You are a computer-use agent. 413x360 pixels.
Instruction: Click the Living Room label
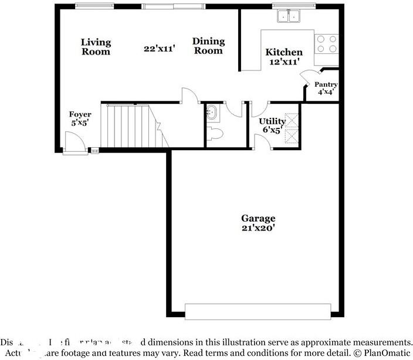[96, 46]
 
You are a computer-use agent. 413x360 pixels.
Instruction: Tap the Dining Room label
[208, 46]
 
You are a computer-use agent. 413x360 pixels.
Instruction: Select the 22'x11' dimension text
[160, 49]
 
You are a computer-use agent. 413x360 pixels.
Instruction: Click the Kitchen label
[284, 52]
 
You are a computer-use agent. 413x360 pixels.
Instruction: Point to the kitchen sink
[288, 16]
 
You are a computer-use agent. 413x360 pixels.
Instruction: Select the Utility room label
[272, 121]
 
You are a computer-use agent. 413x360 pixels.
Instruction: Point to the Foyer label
[80, 114]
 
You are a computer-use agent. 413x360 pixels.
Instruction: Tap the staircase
[132, 126]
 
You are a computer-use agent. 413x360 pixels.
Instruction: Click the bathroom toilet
[215, 134]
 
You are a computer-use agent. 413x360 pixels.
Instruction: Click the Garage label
[258, 218]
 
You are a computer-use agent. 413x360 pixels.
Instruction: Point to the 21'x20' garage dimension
[258, 227]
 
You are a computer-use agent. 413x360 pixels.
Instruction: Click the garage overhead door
[258, 311]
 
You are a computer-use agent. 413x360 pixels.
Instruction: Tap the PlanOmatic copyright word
[385, 354]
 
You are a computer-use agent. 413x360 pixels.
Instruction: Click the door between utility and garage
[262, 141]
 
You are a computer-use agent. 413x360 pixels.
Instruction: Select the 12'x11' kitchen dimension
[284, 61]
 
